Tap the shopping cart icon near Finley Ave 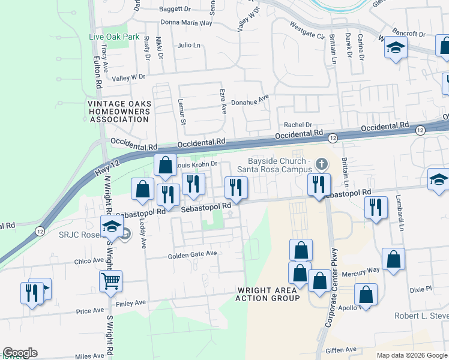(x=111, y=280)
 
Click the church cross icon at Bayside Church (x=322, y=163)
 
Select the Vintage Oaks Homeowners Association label (x=118, y=111)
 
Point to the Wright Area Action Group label (x=267, y=294)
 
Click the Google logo (x=20, y=353)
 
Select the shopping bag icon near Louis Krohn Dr (x=165, y=164)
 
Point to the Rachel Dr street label (x=299, y=125)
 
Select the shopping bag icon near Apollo (x=364, y=294)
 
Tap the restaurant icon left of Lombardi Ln (x=376, y=208)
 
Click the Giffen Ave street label (x=341, y=349)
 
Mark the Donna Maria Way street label (x=187, y=23)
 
